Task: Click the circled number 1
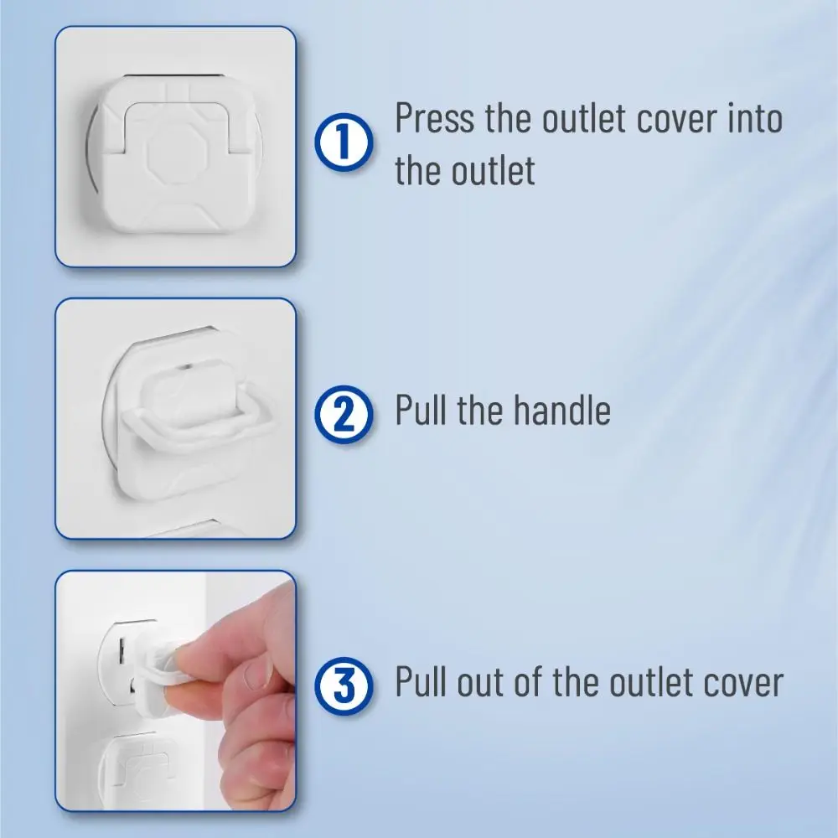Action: pyautogui.click(x=344, y=142)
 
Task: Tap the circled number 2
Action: pyautogui.click(x=344, y=414)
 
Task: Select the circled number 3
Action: pyautogui.click(x=344, y=685)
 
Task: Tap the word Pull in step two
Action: pyautogui.click(x=420, y=410)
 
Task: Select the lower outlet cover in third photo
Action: pyautogui.click(x=142, y=769)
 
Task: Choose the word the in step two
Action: pyautogui.click(x=479, y=410)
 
